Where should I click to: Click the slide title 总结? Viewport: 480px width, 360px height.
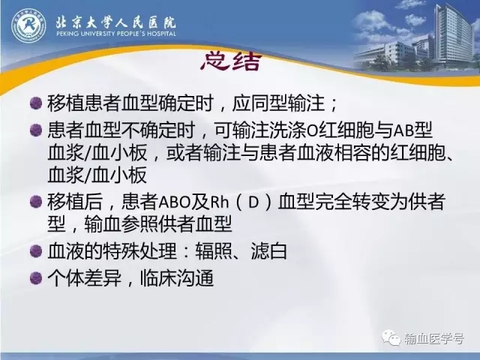pyautogui.click(x=232, y=61)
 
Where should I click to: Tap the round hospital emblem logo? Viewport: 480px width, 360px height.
pyautogui.click(x=28, y=25)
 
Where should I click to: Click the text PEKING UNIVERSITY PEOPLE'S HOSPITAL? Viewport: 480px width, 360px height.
pyautogui.click(x=116, y=33)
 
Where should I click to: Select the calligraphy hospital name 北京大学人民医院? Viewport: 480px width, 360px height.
pyautogui.click(x=115, y=21)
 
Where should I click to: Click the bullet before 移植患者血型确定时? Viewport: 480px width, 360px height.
pyautogui.click(x=36, y=103)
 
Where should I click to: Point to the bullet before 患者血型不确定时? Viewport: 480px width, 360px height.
pyautogui.click(x=36, y=130)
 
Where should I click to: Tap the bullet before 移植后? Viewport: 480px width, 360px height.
pyautogui.click(x=36, y=202)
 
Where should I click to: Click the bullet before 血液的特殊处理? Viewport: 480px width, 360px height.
pyautogui.click(x=36, y=252)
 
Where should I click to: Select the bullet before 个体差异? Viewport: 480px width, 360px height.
pyautogui.click(x=36, y=278)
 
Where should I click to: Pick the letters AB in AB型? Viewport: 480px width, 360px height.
pyautogui.click(x=403, y=130)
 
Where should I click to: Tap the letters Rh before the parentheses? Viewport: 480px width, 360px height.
pyautogui.click(x=219, y=202)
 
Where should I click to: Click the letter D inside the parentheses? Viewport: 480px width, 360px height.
pyautogui.click(x=253, y=202)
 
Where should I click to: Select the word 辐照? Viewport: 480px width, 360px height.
pyautogui.click(x=214, y=252)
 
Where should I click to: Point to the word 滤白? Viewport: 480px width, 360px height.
pyautogui.click(x=268, y=252)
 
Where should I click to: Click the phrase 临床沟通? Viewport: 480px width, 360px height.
pyautogui.click(x=177, y=278)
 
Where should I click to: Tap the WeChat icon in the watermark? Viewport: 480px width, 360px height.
pyautogui.click(x=391, y=337)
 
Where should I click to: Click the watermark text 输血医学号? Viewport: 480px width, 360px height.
pyautogui.click(x=433, y=338)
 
